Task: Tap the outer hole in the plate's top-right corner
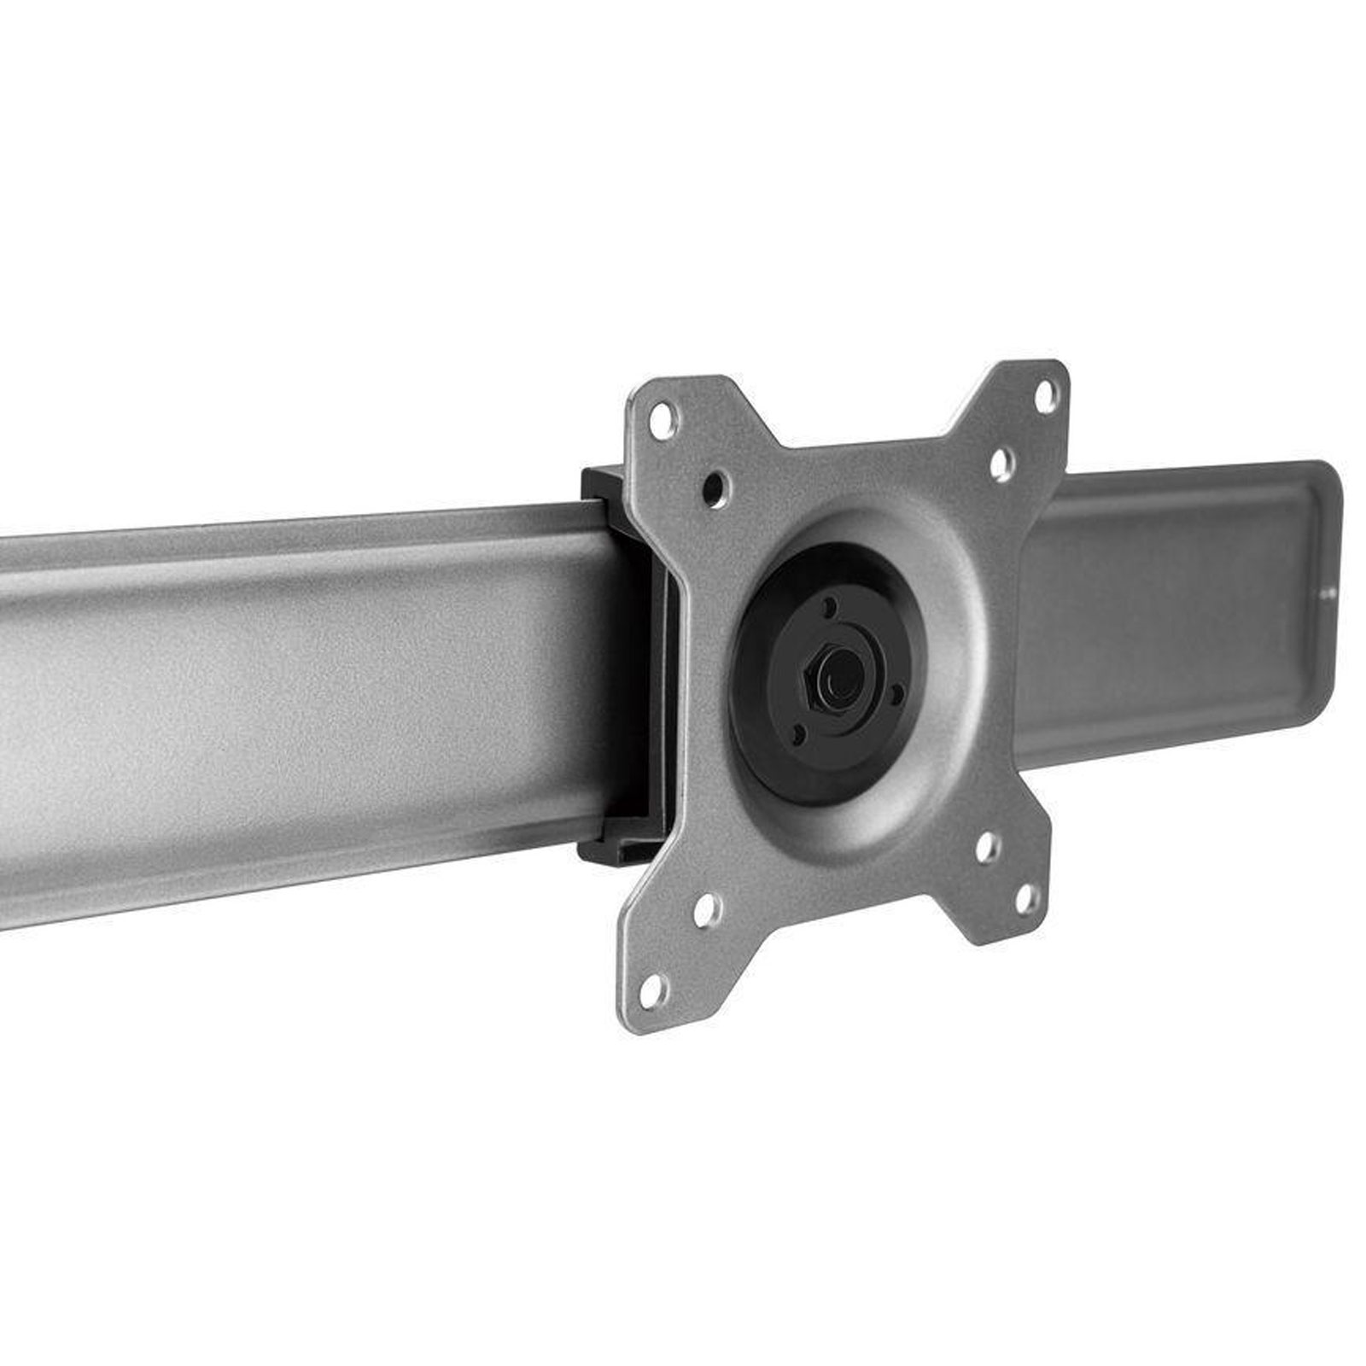(x=1044, y=395)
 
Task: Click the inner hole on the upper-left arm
(x=714, y=487)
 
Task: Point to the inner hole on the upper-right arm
(x=1001, y=464)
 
